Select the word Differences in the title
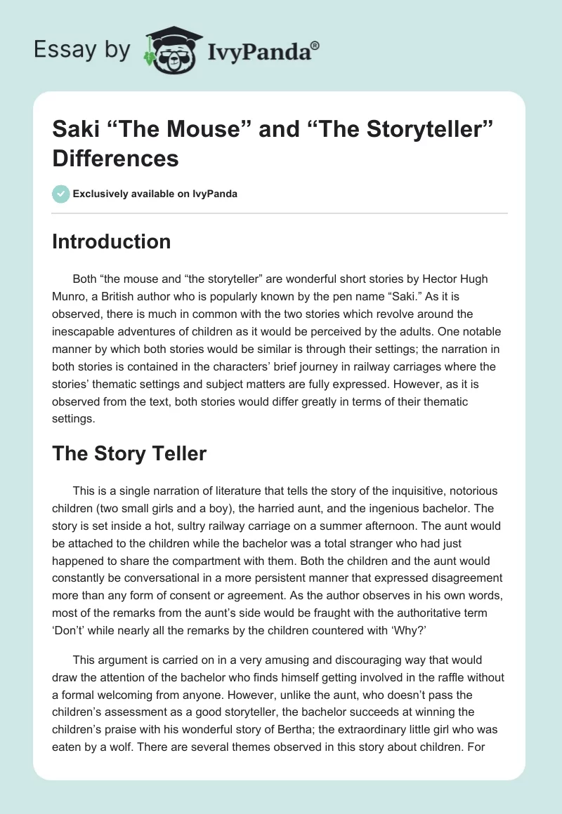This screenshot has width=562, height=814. tap(115, 159)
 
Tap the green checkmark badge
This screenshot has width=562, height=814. tap(61, 194)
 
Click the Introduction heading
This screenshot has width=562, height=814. tap(111, 241)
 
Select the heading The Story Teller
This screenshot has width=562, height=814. tap(129, 453)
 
